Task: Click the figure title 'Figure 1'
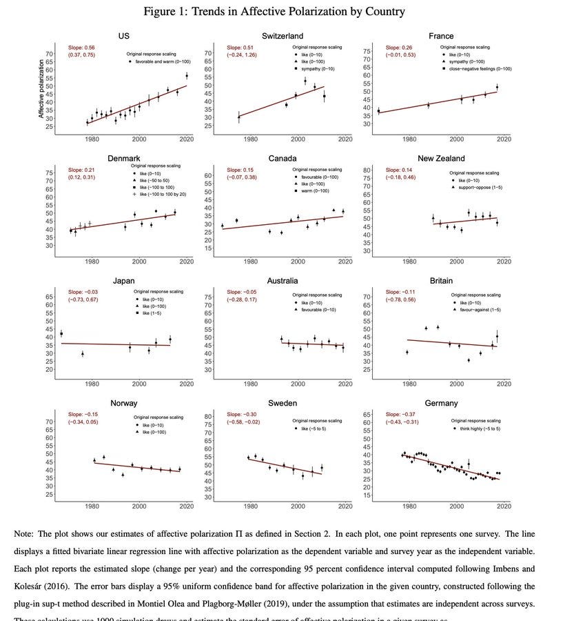[x=274, y=11]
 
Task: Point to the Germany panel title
[x=441, y=403]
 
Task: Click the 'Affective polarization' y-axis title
[x=41, y=88]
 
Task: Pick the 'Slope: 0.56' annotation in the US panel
[x=81, y=48]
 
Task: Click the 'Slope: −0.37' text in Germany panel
[x=400, y=414]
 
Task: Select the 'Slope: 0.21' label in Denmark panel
[x=81, y=170]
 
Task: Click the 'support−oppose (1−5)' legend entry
[x=479, y=188]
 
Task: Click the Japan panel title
[x=123, y=281]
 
